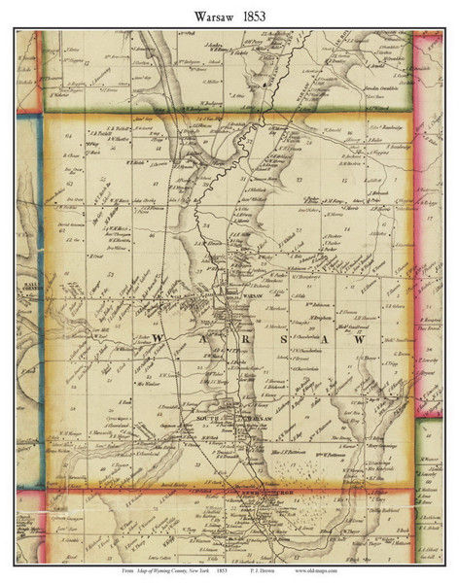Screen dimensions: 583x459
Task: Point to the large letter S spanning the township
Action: click(x=282, y=342)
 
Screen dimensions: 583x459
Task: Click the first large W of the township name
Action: click(x=164, y=341)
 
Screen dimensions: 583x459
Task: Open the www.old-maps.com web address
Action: click(x=386, y=570)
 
